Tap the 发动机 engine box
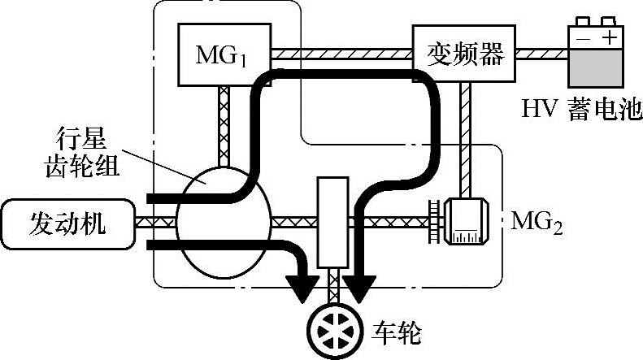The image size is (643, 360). [69, 222]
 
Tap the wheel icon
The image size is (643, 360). [334, 328]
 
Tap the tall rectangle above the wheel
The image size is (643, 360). [332, 220]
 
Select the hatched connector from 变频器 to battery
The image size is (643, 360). [541, 54]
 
